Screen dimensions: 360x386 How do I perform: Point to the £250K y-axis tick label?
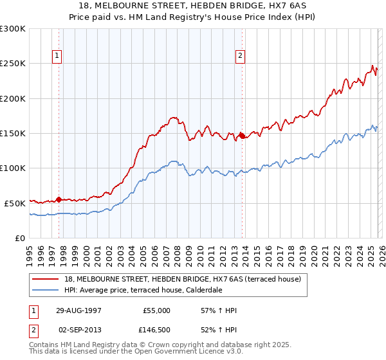point(13,64)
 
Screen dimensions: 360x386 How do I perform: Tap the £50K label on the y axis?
point(15,203)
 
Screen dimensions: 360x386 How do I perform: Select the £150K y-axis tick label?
point(13,133)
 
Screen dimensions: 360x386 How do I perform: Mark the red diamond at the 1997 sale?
point(59,199)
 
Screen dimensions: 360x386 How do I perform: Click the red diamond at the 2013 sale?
point(241,136)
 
